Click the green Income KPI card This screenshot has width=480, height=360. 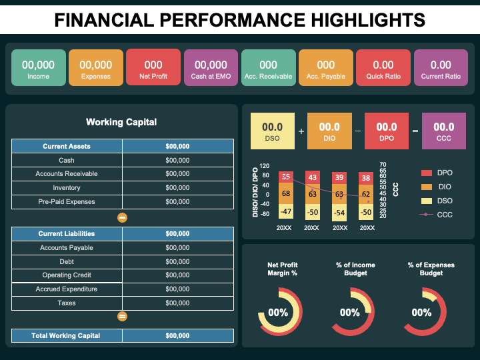click(x=39, y=69)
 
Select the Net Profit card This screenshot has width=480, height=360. click(x=153, y=69)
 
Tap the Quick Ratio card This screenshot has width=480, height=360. click(x=383, y=69)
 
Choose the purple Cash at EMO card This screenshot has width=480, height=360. click(x=211, y=69)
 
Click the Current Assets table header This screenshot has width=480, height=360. click(x=67, y=146)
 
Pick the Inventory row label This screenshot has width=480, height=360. click(x=67, y=188)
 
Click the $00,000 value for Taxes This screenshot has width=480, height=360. click(x=177, y=303)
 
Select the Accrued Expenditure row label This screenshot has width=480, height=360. click(x=67, y=289)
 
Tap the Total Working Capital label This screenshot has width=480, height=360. click(x=66, y=335)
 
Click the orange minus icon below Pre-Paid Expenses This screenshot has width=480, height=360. click(x=123, y=217)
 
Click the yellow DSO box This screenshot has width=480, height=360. click(x=272, y=131)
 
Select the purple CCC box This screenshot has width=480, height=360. click(x=444, y=131)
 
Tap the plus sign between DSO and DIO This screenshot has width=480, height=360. click(x=301, y=131)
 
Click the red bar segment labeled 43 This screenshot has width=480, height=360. click(x=312, y=177)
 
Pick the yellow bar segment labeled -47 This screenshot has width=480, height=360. click(x=286, y=212)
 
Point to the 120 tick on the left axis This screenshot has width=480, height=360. click(x=265, y=166)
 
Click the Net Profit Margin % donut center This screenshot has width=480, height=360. click(x=278, y=313)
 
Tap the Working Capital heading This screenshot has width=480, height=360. click(x=121, y=122)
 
